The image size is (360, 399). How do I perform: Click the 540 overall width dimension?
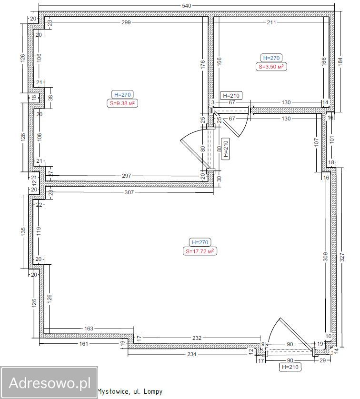click(x=186, y=6)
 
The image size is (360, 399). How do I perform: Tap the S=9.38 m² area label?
click(x=122, y=104)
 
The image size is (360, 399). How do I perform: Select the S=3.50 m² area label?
click(x=271, y=67)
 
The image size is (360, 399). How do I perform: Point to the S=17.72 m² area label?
click(x=200, y=251)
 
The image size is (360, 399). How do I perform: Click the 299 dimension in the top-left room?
click(x=126, y=22)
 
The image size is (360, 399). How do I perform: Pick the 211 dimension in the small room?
click(x=271, y=22)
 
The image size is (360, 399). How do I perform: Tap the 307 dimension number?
click(x=129, y=192)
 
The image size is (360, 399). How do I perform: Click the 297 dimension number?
click(x=127, y=176)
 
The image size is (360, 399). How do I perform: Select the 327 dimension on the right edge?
click(x=342, y=257)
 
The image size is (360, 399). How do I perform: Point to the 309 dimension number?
click(x=325, y=257)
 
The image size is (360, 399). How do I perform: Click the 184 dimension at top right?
click(x=340, y=62)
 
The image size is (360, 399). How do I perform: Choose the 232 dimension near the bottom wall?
click(x=197, y=338)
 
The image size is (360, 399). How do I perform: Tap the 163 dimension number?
click(x=89, y=329)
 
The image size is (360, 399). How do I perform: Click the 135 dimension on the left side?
click(x=23, y=231)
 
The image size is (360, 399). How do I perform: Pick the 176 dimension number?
click(x=202, y=64)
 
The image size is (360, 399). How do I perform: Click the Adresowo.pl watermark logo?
click(x=49, y=382)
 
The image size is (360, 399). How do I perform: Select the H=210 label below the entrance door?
click(x=290, y=367)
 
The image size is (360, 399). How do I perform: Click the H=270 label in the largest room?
click(x=200, y=242)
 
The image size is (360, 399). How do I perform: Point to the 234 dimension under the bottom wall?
click(x=191, y=354)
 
